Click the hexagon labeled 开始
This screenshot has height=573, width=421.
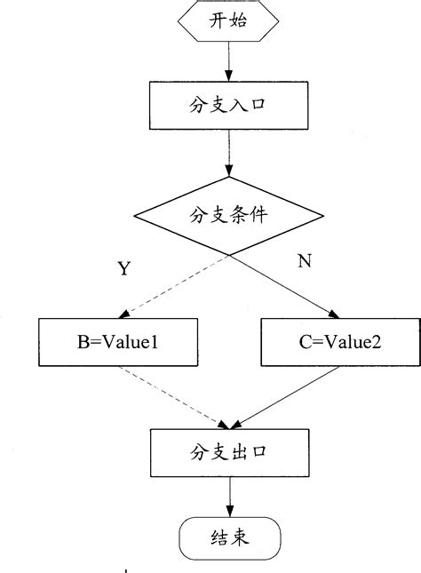(229, 24)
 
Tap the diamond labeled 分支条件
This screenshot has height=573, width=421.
(229, 216)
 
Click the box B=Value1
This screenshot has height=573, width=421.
(116, 342)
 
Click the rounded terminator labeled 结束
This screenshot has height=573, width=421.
(229, 539)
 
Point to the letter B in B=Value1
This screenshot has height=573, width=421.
(83, 342)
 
